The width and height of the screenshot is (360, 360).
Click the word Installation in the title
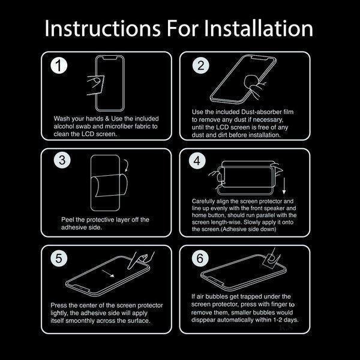(x=258, y=28)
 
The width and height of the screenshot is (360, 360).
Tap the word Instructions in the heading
(x=103, y=28)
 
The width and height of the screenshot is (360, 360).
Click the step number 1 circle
(x=59, y=65)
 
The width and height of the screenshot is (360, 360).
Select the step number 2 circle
(x=200, y=65)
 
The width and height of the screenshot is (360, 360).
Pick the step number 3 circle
(x=62, y=160)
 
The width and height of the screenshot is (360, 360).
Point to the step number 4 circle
(x=197, y=160)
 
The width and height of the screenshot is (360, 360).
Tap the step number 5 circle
(x=59, y=258)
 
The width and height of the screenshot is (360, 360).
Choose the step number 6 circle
(x=200, y=258)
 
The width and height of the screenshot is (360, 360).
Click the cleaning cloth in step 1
(x=96, y=85)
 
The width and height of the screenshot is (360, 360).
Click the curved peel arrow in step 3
(x=127, y=165)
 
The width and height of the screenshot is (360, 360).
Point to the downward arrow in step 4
(x=284, y=186)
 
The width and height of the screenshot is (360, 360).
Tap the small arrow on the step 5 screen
(x=108, y=274)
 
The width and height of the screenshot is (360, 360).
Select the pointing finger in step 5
(x=140, y=259)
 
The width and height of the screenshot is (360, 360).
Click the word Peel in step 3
(x=67, y=220)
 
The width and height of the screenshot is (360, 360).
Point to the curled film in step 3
(x=110, y=185)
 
